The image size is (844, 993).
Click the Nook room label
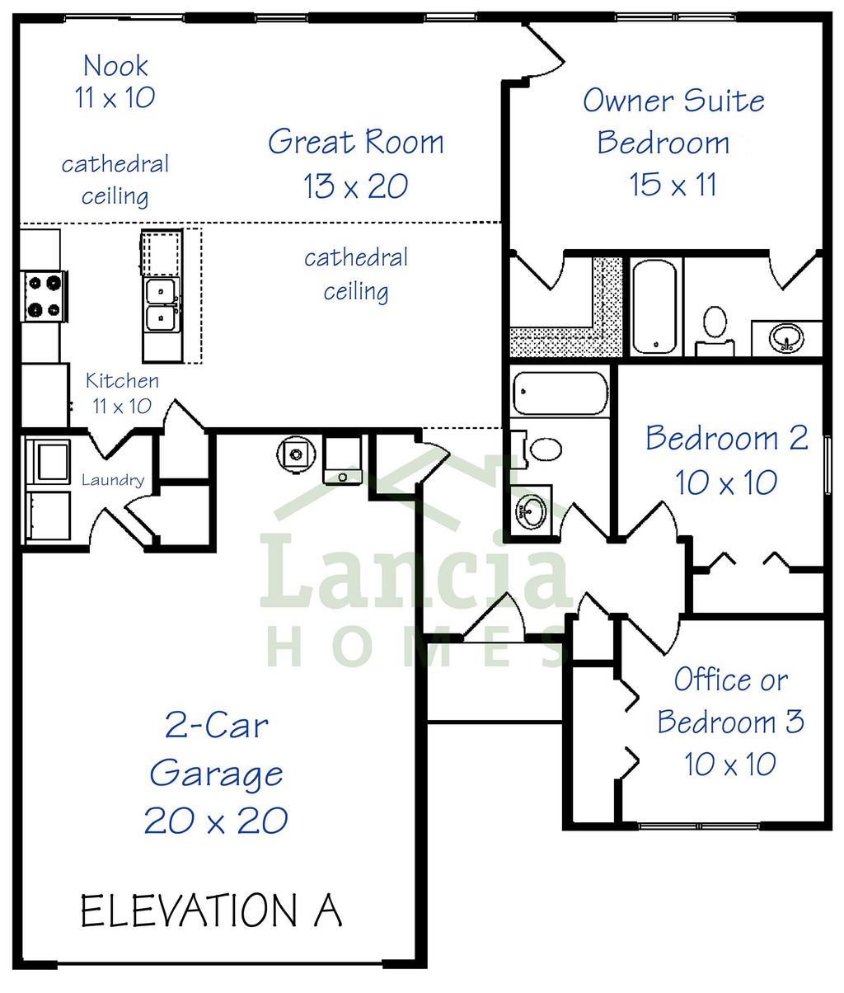coord(115,65)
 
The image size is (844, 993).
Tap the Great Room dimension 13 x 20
coord(355,186)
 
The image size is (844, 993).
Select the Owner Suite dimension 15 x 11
coord(673,184)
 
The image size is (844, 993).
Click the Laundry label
coord(113,480)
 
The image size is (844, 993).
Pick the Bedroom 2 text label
coord(726,438)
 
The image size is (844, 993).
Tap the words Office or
coord(730,680)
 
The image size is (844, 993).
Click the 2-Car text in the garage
coord(216,726)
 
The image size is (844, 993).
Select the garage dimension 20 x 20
coord(216,821)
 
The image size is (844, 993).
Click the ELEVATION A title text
coord(211,911)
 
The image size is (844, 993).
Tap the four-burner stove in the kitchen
coord(45,297)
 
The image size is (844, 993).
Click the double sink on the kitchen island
coord(161,304)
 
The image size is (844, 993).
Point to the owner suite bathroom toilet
coord(715,326)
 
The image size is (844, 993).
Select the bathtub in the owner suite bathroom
coord(655,307)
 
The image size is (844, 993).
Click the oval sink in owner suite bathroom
coord(786,337)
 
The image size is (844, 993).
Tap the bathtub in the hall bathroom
coord(559,393)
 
